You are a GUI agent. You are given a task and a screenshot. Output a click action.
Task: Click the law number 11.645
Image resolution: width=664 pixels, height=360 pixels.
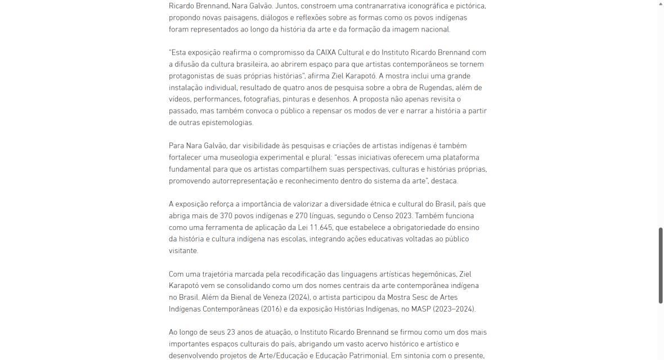point(321,227)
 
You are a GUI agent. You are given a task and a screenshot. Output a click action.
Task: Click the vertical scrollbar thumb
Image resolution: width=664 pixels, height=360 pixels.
point(661,265)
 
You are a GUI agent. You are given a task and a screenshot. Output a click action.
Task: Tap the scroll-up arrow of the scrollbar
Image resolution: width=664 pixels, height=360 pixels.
point(661,4)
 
